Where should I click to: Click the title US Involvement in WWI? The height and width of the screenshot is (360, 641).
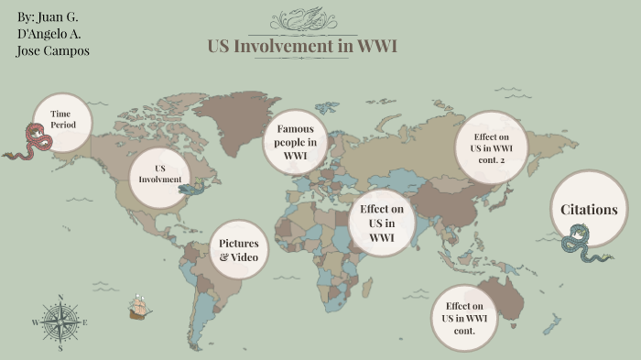(302, 47)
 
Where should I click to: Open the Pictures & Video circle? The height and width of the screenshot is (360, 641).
(240, 249)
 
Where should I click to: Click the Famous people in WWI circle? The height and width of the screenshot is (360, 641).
(295, 142)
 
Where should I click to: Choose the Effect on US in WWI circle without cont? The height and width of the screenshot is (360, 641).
(382, 223)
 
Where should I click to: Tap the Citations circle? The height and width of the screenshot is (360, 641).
(588, 210)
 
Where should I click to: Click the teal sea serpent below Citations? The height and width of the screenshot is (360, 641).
(582, 246)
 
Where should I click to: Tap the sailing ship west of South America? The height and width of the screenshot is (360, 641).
(138, 307)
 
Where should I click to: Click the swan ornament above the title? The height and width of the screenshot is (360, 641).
(302, 17)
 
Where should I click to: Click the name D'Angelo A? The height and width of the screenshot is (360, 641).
(51, 34)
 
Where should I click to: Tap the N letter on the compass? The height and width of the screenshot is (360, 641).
(60, 297)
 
